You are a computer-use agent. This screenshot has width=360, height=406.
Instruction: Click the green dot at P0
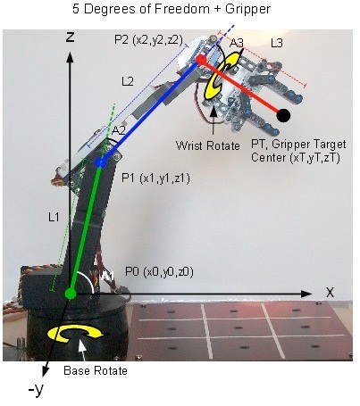[x=71, y=294]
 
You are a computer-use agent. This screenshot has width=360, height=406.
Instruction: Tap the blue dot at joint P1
[x=101, y=162]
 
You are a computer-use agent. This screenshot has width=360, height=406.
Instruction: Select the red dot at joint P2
[x=201, y=60]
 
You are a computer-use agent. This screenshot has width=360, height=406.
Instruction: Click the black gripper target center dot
[x=283, y=115]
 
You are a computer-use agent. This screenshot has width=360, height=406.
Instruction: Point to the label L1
[x=54, y=218]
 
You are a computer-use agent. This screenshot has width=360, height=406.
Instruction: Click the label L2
[x=128, y=81]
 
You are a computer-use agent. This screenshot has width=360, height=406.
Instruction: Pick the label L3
[x=276, y=44]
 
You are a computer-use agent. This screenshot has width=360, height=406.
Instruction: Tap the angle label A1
[x=107, y=277]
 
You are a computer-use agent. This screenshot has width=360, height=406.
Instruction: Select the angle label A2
[x=119, y=130]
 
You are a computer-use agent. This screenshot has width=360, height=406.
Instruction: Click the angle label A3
[x=237, y=44]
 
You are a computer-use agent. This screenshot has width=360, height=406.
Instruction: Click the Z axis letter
[x=70, y=37]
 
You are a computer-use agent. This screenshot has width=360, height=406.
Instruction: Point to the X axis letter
[x=330, y=293]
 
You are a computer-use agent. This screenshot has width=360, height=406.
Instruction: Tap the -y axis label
[x=36, y=389]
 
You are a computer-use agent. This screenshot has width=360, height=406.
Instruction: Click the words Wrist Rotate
[x=207, y=145]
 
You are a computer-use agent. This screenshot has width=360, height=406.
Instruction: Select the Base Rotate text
[x=96, y=371]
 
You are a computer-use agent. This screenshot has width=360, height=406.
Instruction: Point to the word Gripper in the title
[x=247, y=9]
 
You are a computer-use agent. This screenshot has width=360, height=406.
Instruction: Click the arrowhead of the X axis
[x=306, y=294]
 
